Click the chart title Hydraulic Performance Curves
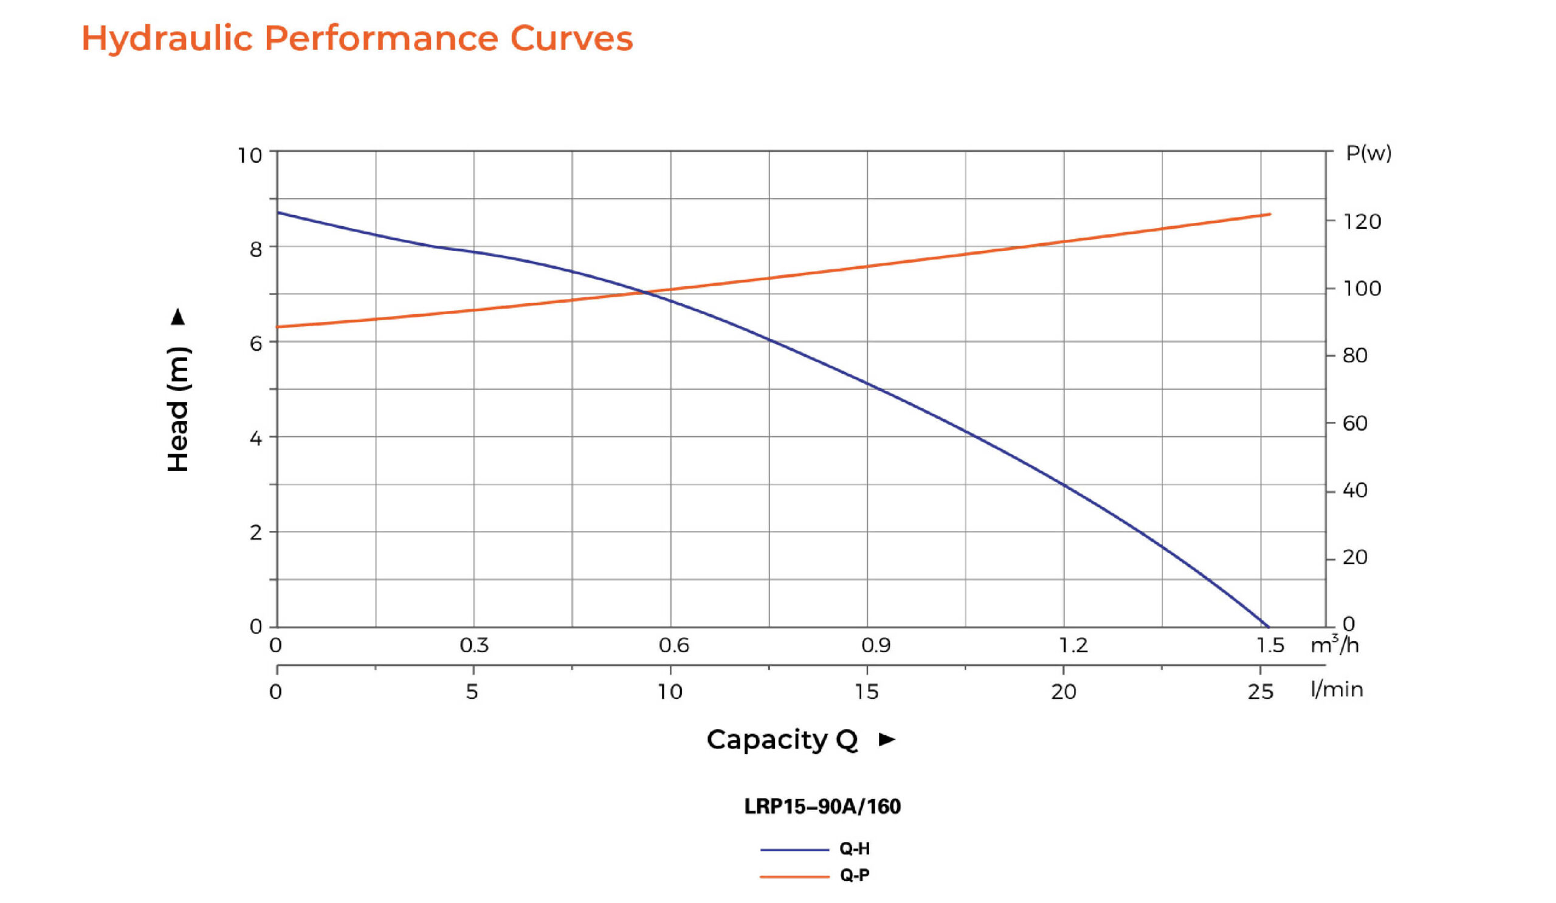[357, 38]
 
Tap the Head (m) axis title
[179, 408]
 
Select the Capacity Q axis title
[782, 740]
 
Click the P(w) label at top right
[1368, 153]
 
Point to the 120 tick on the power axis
[1362, 222]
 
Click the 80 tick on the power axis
[1355, 355]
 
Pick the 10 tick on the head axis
[250, 156]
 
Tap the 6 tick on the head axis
[256, 344]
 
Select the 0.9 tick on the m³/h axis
[876, 645]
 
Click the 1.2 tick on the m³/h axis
[1073, 645]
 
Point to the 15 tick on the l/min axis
[866, 692]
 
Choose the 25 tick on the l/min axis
[1260, 692]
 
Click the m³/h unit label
[1335, 644]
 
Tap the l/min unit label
[1337, 690]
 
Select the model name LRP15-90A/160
[822, 806]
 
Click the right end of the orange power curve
[1270, 214]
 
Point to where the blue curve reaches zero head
[1268, 627]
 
